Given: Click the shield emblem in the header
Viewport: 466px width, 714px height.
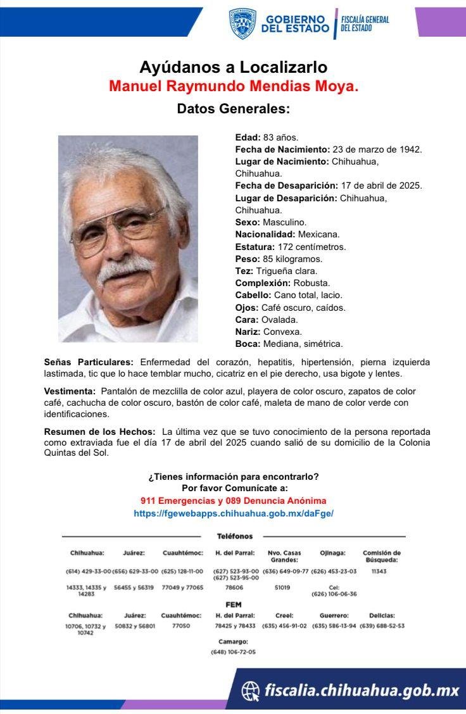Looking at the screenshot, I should (x=242, y=23).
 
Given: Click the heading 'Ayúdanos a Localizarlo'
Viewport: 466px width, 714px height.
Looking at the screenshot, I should (x=233, y=67).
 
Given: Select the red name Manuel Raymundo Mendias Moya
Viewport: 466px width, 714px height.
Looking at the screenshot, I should (x=234, y=85).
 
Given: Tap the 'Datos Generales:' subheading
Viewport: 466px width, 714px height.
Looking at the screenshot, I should (x=233, y=109).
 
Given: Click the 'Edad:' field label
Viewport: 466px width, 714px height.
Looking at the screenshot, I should (x=248, y=137).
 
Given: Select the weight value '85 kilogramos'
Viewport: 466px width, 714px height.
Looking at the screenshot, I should (x=293, y=259).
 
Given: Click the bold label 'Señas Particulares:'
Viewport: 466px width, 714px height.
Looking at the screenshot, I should (x=89, y=363).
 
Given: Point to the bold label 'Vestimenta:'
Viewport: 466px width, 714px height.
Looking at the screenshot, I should (x=70, y=392).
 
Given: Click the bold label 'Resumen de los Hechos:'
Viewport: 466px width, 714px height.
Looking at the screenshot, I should (x=99, y=432).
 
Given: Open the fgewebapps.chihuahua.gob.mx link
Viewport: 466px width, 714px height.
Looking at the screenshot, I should (x=233, y=513).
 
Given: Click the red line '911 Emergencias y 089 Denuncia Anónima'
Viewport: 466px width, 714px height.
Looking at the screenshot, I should (x=233, y=500).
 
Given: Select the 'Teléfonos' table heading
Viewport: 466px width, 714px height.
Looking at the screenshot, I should (x=234, y=536).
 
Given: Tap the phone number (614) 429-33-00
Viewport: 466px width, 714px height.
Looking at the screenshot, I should (x=88, y=571).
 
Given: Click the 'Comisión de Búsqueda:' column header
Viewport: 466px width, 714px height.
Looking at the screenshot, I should (x=381, y=556).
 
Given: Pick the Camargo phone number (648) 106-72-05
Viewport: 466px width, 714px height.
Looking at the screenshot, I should (x=234, y=651).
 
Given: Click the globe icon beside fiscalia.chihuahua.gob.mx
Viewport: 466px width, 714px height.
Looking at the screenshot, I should (x=251, y=690).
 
